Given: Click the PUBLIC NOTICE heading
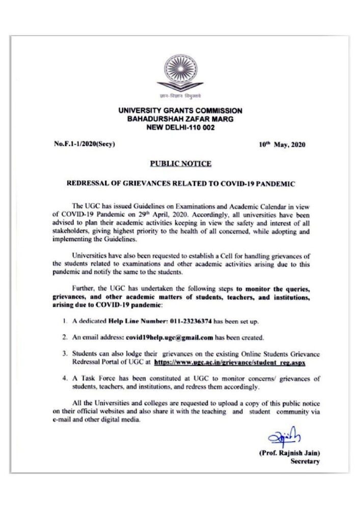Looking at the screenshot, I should pyautogui.click(x=181, y=163).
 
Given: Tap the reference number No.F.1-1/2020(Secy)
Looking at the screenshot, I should pyautogui.click(x=85, y=144).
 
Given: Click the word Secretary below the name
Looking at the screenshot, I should pyautogui.click(x=304, y=462).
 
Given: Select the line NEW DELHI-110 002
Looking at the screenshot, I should pyautogui.click(x=180, y=128).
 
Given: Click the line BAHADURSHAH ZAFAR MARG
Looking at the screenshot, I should pyautogui.click(x=180, y=119).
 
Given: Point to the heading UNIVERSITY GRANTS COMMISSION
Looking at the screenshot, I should pyautogui.click(x=180, y=110).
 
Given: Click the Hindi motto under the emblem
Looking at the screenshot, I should pyautogui.click(x=180, y=96).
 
